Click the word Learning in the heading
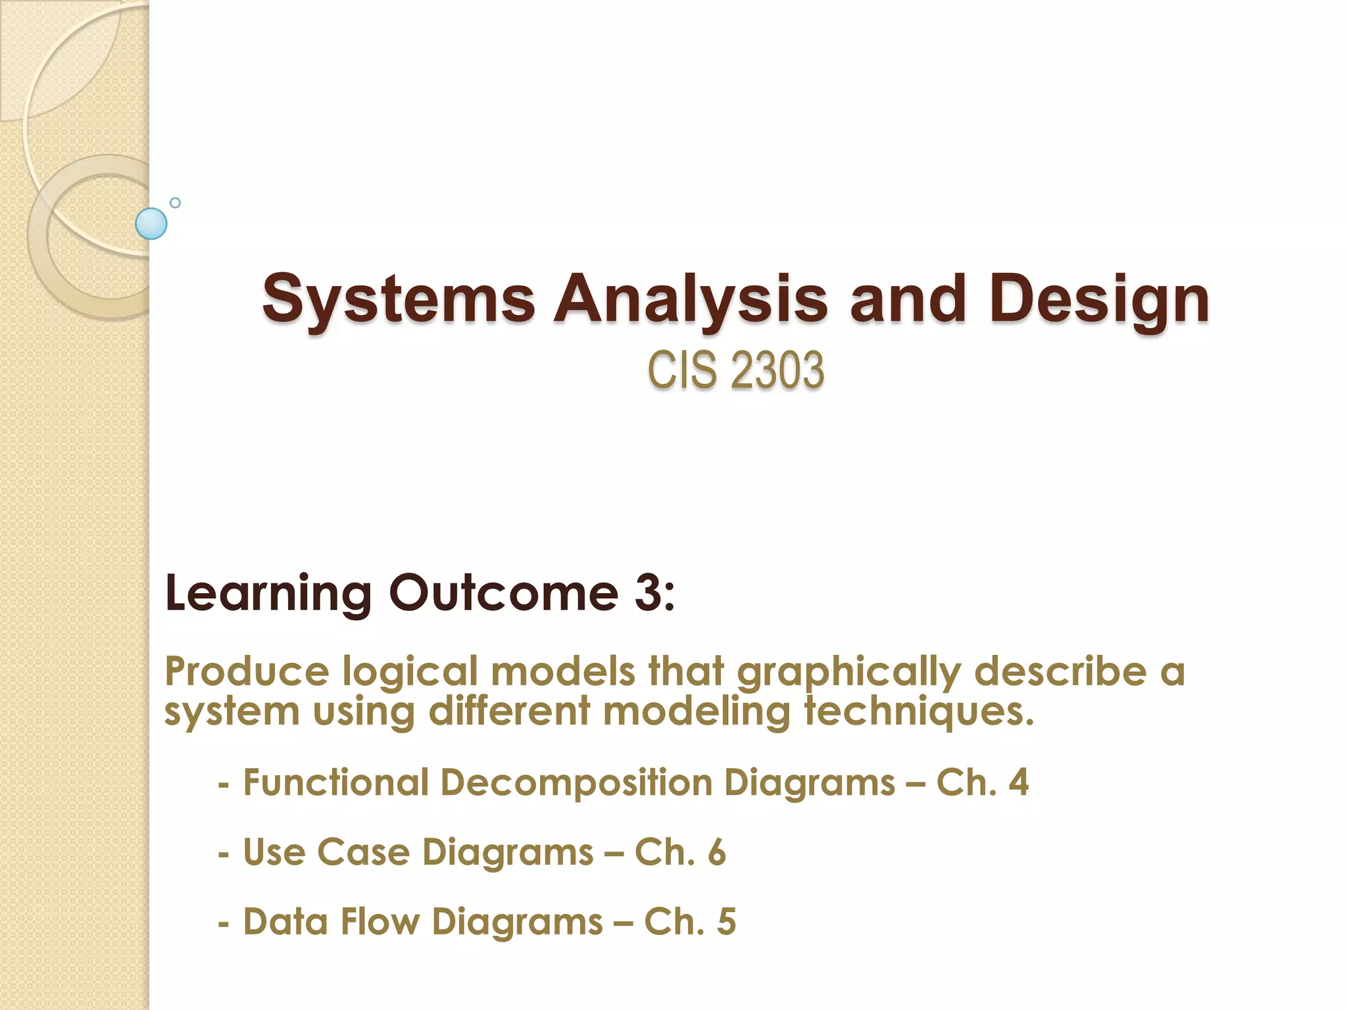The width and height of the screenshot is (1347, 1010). (x=268, y=593)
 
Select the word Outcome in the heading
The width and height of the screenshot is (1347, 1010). (x=503, y=593)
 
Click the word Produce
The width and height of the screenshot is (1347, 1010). (x=247, y=672)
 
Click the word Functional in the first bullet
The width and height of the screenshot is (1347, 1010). (x=335, y=782)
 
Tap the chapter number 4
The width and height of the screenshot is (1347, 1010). (x=1018, y=782)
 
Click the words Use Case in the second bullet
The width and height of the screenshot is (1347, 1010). (x=327, y=852)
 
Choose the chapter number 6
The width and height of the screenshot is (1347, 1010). (x=717, y=852)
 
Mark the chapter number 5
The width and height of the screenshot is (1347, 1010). (x=726, y=921)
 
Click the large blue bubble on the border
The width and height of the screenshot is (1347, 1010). (x=151, y=224)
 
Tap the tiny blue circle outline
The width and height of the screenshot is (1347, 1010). (x=175, y=203)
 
